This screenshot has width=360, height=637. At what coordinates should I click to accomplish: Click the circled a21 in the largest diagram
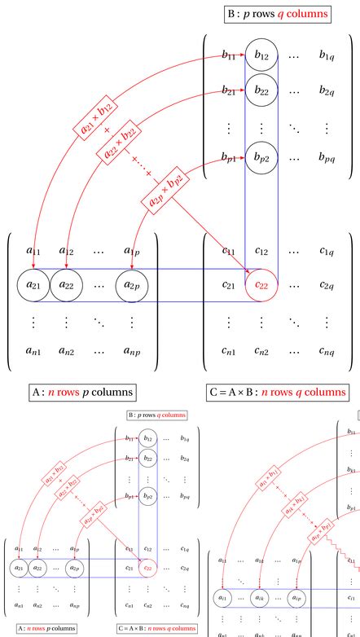tap(33, 286)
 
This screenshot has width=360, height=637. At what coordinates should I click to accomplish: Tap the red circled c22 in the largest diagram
tap(261, 286)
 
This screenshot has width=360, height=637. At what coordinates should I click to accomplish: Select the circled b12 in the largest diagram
tap(261, 55)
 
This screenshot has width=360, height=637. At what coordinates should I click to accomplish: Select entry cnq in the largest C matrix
tap(326, 353)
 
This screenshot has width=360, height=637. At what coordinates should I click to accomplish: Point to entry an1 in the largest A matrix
tap(33, 353)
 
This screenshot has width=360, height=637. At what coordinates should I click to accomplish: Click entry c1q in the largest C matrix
tap(326, 252)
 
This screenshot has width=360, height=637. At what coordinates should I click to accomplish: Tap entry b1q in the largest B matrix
tap(326, 55)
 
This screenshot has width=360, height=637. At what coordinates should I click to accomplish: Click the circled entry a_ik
tap(260, 599)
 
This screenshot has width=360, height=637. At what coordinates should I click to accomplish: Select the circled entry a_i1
tap(223, 599)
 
